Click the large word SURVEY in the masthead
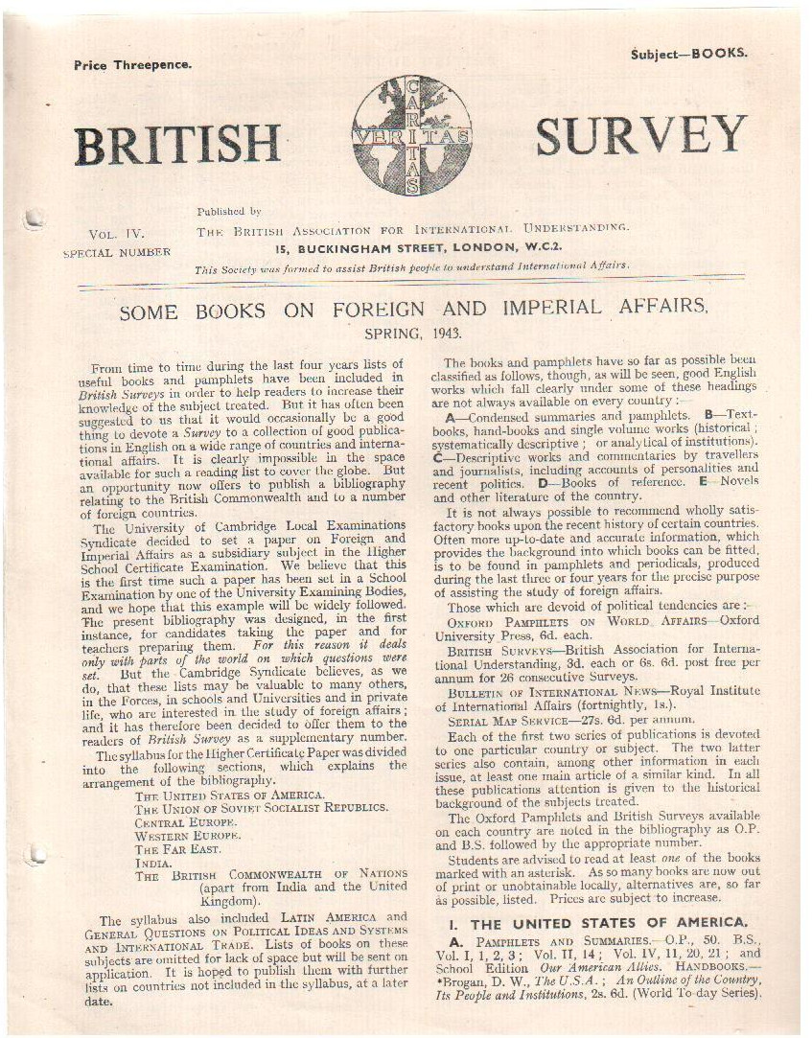pos(640,137)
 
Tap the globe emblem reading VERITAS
pos(411,135)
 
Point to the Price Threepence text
pos(132,64)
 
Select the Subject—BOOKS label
pos(688,54)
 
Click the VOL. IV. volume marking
pos(116,233)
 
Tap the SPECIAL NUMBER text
pos(116,253)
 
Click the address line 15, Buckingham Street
pos(412,248)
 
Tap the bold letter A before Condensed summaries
pos(451,417)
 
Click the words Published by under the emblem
pos(229,211)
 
